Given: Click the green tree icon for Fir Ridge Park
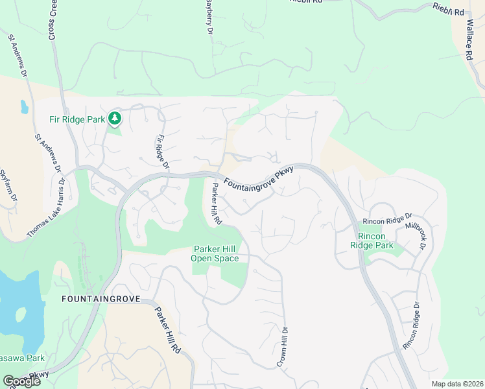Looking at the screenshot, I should click(x=115, y=118).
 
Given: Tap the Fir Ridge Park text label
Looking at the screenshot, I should click(x=77, y=119).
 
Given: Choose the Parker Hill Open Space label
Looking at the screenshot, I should click(x=215, y=253).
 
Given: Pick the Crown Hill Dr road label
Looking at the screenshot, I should click(x=284, y=348).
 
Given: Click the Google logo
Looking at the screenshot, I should click(x=21, y=381).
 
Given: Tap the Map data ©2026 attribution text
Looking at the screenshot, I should click(x=457, y=384).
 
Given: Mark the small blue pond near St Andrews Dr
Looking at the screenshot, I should click(x=24, y=107).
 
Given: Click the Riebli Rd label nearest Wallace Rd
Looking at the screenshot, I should click(x=449, y=10).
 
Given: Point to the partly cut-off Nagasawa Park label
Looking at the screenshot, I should click(x=22, y=358).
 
